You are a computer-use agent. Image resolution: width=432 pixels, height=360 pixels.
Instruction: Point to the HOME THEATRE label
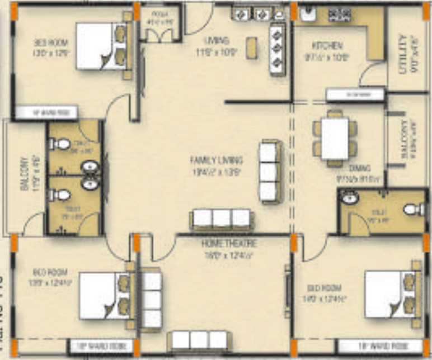(229, 244)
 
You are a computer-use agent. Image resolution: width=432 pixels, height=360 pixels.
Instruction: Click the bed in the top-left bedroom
(101, 46)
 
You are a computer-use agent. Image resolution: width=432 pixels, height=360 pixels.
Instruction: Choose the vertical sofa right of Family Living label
(269, 172)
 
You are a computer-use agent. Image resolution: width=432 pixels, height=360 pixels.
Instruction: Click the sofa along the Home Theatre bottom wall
(199, 340)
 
